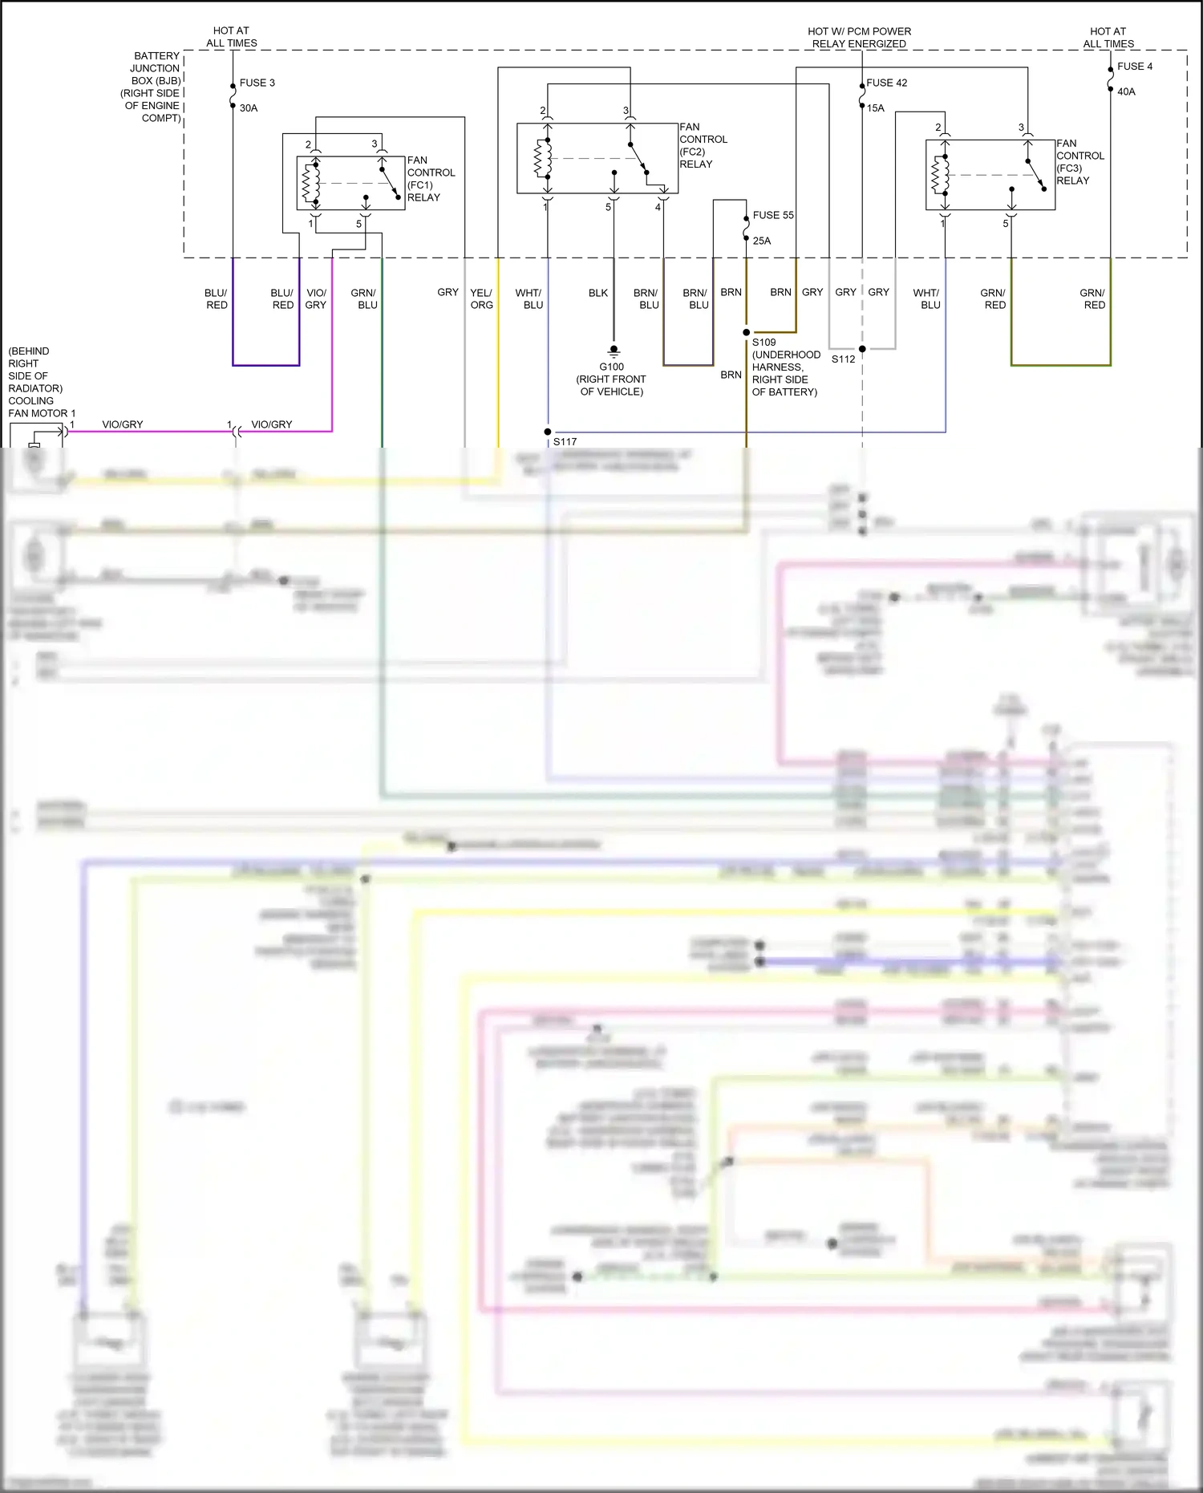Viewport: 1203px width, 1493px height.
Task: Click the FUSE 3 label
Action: [x=257, y=83]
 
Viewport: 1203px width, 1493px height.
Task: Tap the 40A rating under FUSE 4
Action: [x=1126, y=91]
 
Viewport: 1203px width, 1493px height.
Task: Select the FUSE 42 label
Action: [x=886, y=83]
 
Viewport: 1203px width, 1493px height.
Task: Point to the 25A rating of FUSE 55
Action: [x=761, y=241]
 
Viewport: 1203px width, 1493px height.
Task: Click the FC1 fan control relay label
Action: [x=430, y=179]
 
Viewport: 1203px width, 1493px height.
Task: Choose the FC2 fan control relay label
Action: [x=703, y=145]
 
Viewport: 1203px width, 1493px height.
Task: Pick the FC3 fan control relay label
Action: [x=1079, y=162]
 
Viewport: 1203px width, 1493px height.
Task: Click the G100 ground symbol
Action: [x=614, y=350]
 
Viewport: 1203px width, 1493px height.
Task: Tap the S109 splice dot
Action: [x=746, y=332]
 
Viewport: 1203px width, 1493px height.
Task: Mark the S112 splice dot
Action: [x=862, y=349]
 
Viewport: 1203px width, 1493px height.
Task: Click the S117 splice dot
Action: [x=548, y=432]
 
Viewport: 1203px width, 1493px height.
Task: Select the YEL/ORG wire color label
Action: [x=481, y=298]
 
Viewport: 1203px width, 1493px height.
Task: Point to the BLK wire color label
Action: [x=598, y=293]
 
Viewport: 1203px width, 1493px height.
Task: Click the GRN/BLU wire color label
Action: [x=364, y=298]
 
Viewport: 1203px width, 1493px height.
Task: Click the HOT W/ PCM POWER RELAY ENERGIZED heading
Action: [x=859, y=37]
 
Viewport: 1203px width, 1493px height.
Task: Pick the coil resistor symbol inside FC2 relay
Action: [x=543, y=158]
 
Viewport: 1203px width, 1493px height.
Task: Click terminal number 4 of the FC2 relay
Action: [x=658, y=207]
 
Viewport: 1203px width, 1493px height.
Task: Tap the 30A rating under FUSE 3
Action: [x=249, y=108]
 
